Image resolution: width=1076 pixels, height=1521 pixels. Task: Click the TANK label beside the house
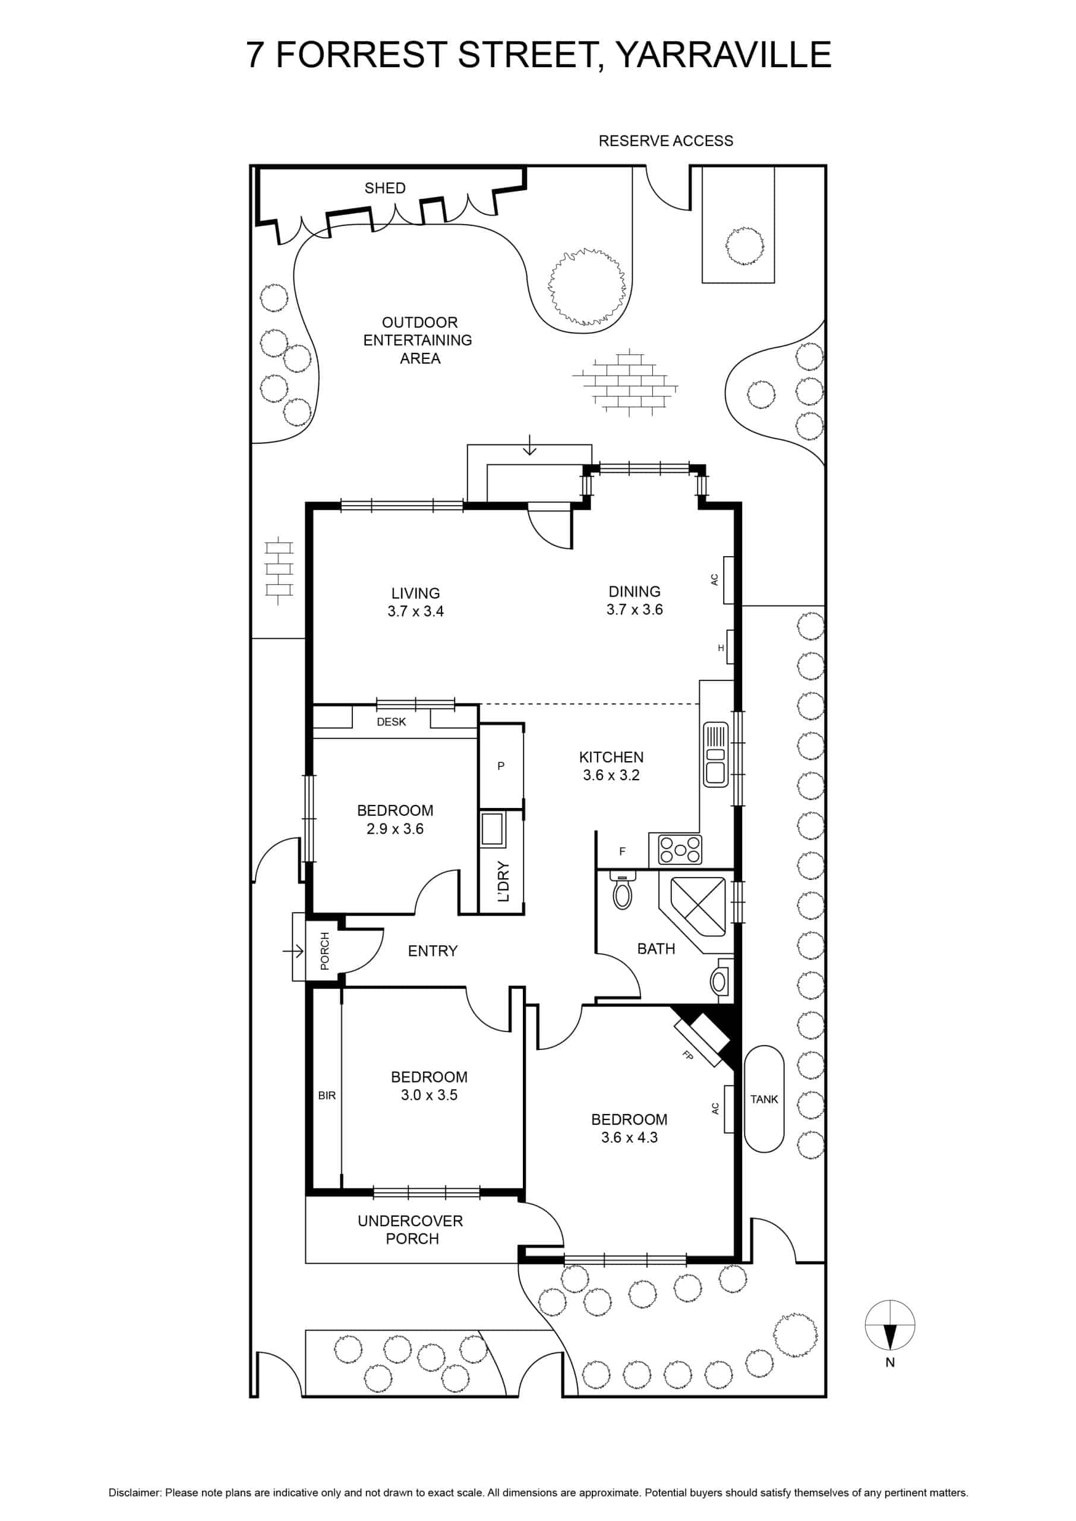pos(764,1099)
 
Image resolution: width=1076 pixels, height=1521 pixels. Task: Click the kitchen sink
pos(715,754)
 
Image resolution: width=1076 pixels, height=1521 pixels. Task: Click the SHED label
pos(385,188)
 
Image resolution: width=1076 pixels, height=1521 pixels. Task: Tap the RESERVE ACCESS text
pos(666,141)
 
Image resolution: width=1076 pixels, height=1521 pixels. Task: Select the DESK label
pos(391,721)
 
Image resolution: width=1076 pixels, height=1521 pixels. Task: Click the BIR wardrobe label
pos(327,1096)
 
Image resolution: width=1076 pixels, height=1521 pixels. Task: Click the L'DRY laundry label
pos(503,882)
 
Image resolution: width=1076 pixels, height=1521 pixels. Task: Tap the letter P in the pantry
pos(501,766)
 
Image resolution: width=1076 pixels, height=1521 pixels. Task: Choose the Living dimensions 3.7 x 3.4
pos(415,611)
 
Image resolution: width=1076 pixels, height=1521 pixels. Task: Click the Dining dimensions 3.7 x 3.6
pos(634,610)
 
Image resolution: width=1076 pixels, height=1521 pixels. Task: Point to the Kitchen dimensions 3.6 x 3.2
pos(611,775)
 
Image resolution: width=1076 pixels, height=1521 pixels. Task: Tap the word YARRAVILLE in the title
pos(724,54)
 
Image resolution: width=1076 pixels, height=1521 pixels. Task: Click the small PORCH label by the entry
pos(324,951)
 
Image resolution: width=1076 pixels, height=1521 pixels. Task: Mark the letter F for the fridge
pos(622,851)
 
